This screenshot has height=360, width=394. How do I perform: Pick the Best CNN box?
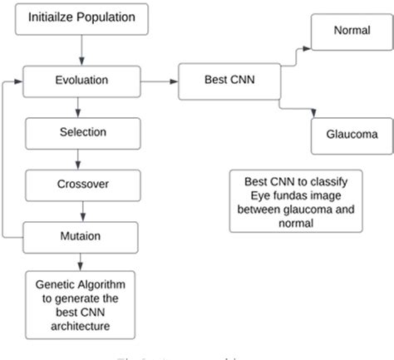[x=230, y=81]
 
